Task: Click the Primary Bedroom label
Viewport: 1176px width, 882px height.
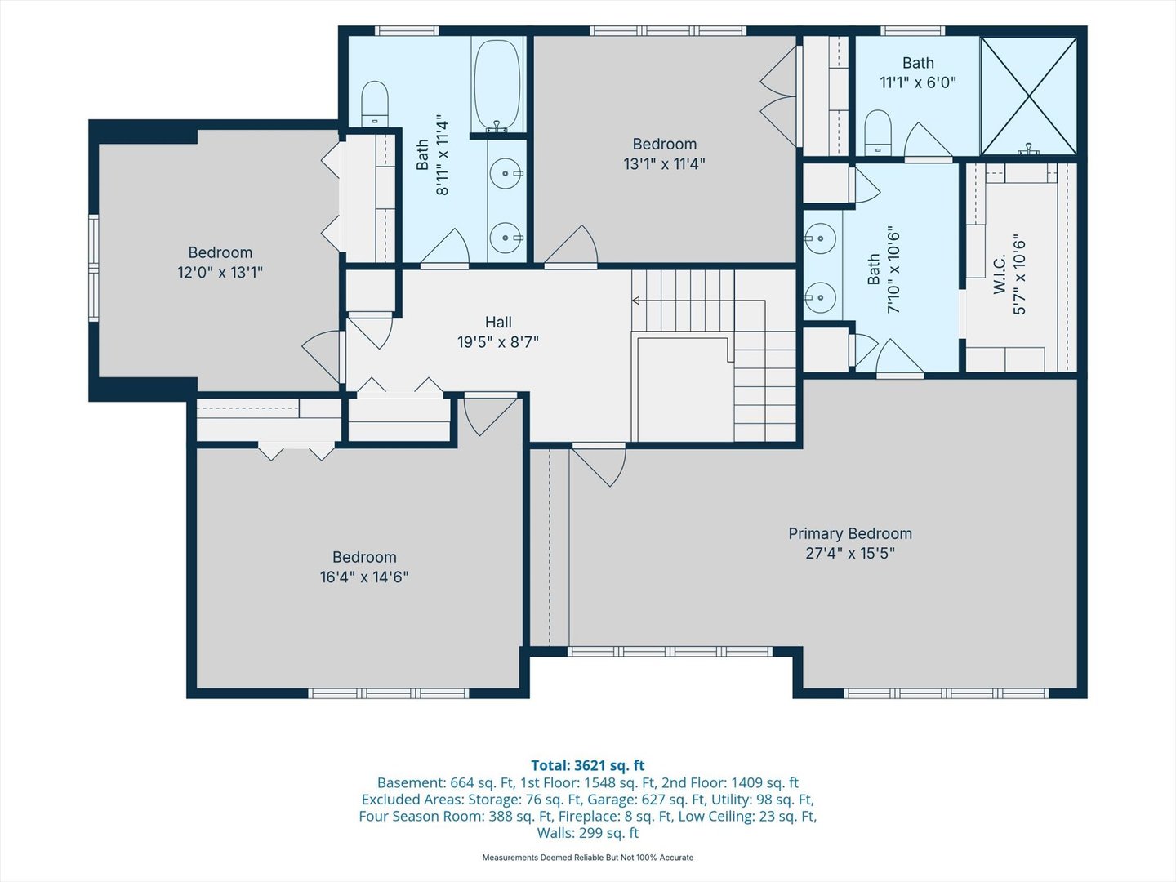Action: pos(849,534)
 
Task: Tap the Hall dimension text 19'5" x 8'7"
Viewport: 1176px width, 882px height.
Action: pos(497,342)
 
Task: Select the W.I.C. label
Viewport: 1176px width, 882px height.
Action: pos(1000,274)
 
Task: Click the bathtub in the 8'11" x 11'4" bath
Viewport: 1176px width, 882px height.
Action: pos(497,85)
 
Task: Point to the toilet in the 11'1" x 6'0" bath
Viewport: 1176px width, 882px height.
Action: pos(878,133)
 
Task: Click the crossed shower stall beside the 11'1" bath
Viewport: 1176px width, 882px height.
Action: pos(1029,96)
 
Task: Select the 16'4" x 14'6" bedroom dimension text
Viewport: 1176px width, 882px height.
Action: pos(364,577)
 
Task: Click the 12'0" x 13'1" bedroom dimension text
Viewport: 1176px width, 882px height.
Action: pos(220,273)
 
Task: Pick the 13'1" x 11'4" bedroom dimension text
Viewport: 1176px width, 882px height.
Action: pos(664,164)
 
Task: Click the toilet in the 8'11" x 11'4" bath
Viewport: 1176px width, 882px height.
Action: pos(375,104)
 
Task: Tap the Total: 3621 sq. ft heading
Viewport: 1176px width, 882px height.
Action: pos(588,765)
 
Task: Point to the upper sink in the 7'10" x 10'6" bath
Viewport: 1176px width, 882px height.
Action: pos(820,237)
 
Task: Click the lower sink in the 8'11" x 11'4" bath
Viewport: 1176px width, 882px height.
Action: pos(506,237)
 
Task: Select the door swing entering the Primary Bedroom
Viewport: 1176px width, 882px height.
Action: pos(599,465)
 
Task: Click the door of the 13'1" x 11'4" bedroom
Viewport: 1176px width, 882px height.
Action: pos(571,247)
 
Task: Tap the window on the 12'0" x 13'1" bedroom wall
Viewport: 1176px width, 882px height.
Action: pos(94,268)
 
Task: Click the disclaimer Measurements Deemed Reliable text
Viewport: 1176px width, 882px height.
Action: pos(588,857)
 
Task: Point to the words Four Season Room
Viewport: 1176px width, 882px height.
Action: pos(421,817)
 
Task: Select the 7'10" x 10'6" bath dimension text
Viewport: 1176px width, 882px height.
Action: pos(893,273)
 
